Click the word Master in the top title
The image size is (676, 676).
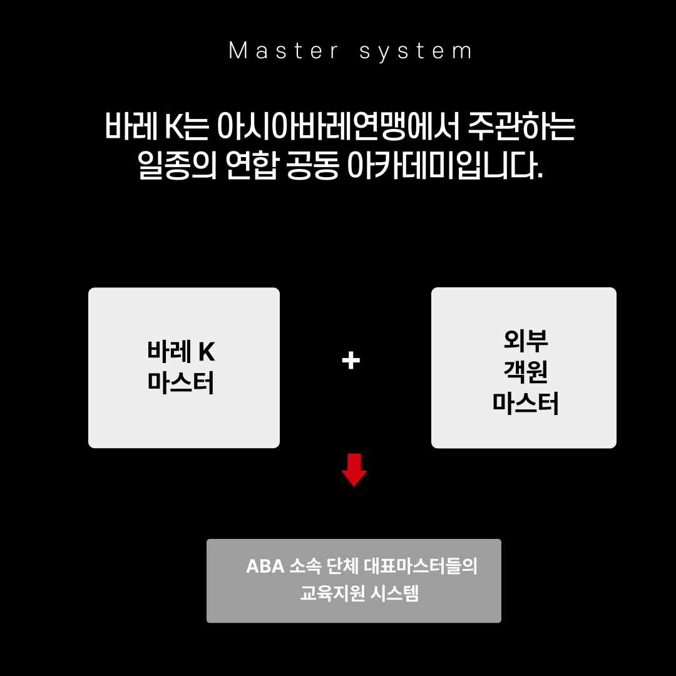coord(284,51)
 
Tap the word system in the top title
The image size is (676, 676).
coord(416,51)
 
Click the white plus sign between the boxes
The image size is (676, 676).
coord(351,361)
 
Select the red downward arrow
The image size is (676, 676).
coord(354,469)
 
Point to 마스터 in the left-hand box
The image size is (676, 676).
coord(182,383)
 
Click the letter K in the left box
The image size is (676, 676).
coord(207,352)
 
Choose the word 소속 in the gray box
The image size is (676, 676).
coord(305,566)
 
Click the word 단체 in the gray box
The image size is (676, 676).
coord(342,566)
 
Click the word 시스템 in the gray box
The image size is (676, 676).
coord(394,593)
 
